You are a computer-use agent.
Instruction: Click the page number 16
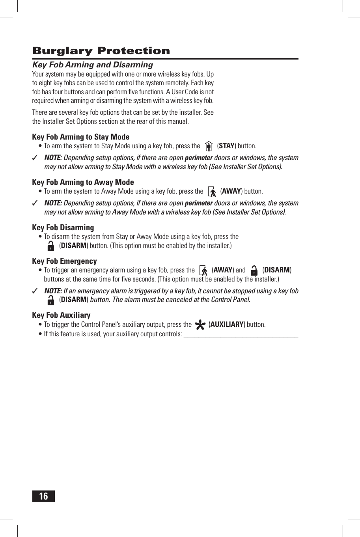43,496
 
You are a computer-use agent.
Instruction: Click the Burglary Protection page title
101,51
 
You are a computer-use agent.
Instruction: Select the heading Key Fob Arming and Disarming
93,65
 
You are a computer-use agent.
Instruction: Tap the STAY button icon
209,146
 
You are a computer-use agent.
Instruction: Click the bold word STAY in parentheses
226,146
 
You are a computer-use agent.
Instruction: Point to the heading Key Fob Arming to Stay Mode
80,137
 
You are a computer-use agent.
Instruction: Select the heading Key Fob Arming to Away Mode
83,182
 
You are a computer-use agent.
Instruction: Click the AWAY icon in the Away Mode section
212,192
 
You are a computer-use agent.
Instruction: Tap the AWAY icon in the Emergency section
204,270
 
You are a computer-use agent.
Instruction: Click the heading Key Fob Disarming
63,227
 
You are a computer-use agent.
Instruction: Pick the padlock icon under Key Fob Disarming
51,246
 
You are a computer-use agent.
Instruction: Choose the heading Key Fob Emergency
64,261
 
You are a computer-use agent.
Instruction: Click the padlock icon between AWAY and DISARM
254,270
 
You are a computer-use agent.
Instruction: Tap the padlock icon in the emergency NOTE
51,300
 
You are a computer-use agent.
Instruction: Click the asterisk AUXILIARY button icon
200,325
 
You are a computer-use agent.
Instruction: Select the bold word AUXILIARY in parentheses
227,324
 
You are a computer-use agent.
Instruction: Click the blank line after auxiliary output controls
241,335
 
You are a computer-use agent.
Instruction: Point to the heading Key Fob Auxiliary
61,315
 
